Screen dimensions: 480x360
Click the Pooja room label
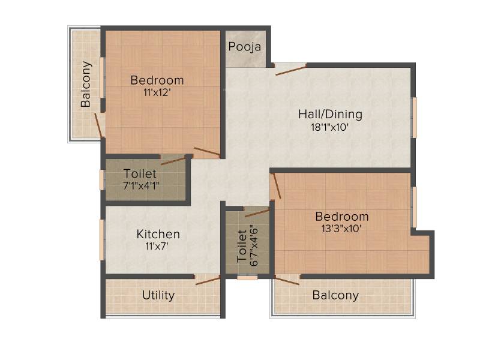[x=245, y=47]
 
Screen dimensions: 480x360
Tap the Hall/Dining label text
[x=331, y=114]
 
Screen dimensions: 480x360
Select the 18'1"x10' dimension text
[x=330, y=127]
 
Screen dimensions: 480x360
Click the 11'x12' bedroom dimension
[x=157, y=92]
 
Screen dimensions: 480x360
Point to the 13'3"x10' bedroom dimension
[x=341, y=229]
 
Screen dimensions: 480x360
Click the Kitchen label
[x=158, y=234]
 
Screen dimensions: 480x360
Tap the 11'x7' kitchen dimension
[x=157, y=246]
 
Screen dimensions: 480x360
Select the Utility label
[x=158, y=295]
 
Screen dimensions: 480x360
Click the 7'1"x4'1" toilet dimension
[x=141, y=185]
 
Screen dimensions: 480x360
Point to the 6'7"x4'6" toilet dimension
[x=254, y=246]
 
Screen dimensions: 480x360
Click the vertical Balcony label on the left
[x=86, y=84]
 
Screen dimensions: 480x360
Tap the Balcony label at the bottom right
[x=335, y=295]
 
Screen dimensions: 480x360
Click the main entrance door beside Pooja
[x=291, y=70]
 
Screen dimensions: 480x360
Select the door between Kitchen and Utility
[x=208, y=280]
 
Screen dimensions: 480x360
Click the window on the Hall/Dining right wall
[x=415, y=118]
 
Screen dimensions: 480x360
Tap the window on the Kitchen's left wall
[x=102, y=239]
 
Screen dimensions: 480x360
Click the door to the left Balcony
[x=98, y=125]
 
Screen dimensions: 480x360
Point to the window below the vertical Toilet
[x=247, y=278]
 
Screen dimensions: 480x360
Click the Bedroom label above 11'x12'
[x=157, y=80]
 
